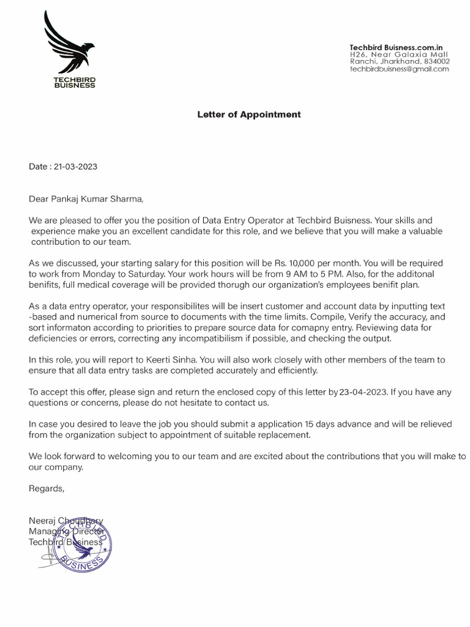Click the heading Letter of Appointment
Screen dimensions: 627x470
(x=248, y=115)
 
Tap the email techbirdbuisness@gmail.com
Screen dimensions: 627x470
(x=399, y=69)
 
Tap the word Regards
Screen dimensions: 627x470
(x=46, y=488)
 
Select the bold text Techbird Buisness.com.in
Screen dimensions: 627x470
(x=396, y=47)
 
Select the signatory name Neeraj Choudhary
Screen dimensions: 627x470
(x=66, y=520)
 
